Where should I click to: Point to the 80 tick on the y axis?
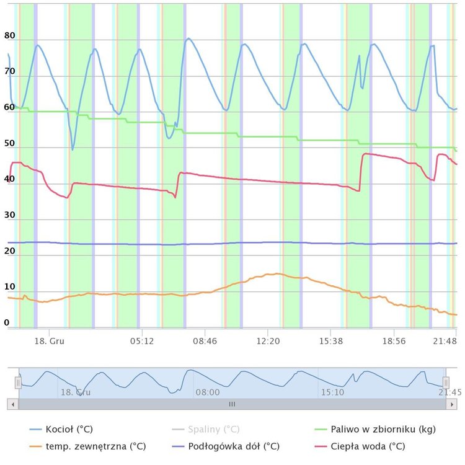[x=9, y=36]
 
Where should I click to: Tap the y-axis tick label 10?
[x=9, y=286]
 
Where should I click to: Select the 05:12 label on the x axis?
[x=141, y=341]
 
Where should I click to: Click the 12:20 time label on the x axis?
[x=268, y=341]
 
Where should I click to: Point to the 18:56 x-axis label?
[x=394, y=341]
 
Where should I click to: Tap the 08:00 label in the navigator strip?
[x=207, y=392]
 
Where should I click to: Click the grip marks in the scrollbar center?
[x=232, y=404]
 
